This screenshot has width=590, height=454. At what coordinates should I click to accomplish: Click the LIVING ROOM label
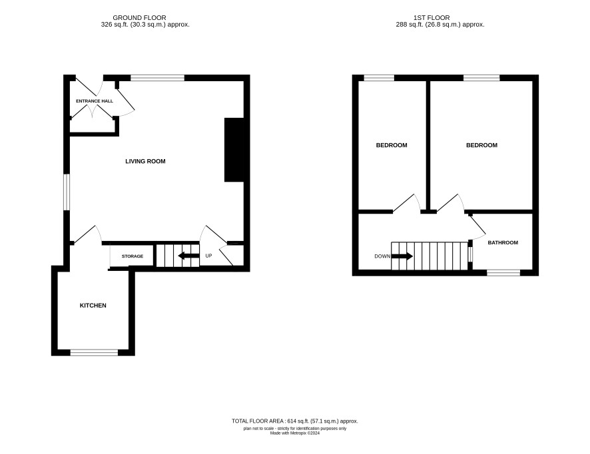[x=145, y=161]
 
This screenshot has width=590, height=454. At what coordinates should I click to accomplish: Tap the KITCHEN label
[x=93, y=306]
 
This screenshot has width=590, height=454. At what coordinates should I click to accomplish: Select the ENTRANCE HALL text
[x=95, y=101]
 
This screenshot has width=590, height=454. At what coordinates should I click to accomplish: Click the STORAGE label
[x=133, y=256]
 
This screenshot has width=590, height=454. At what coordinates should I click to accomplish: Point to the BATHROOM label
[x=503, y=242]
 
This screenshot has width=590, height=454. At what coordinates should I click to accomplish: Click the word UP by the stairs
[x=208, y=256]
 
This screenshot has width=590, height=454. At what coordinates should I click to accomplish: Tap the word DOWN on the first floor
[x=382, y=256]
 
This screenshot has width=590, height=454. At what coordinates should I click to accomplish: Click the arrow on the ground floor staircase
[x=188, y=256]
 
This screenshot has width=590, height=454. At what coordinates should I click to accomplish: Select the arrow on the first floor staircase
[x=402, y=256]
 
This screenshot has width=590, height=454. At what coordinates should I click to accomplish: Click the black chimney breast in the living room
[x=234, y=150]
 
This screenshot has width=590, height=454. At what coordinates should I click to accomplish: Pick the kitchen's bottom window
[x=94, y=352]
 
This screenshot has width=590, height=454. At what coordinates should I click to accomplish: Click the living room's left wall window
[x=67, y=192]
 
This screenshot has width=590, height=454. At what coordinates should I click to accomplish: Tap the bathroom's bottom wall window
[x=503, y=273]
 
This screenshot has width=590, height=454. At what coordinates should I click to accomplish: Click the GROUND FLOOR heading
[x=139, y=18]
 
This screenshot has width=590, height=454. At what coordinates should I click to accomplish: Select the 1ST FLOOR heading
[x=432, y=18]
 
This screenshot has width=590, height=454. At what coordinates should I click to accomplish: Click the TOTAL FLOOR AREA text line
[x=294, y=421]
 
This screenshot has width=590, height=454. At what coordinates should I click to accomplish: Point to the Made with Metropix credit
[x=294, y=433]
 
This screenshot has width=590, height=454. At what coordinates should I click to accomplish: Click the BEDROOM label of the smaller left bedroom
[x=392, y=145]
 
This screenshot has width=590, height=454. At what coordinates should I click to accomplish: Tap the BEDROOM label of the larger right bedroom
[x=481, y=145]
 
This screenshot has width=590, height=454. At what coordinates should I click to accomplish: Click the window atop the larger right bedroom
[x=481, y=78]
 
